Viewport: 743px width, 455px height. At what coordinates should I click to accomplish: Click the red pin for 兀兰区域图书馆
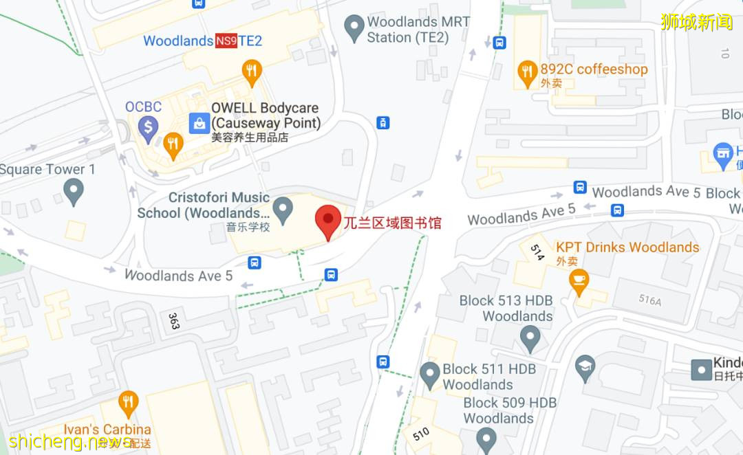click(x=328, y=221)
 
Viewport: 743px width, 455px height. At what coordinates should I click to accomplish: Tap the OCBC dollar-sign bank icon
click(x=148, y=126)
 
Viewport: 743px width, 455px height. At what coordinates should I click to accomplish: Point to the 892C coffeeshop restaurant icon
click(x=527, y=72)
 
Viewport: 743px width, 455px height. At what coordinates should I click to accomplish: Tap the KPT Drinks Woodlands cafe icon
click(x=579, y=280)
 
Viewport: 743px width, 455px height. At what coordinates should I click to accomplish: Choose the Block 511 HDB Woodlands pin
click(x=430, y=375)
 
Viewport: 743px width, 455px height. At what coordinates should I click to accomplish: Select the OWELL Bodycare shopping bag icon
click(x=199, y=124)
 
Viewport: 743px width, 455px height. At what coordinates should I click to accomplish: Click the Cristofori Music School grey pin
click(x=283, y=207)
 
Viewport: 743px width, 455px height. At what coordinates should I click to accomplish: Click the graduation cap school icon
click(x=585, y=364)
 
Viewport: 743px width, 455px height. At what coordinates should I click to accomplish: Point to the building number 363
click(x=173, y=321)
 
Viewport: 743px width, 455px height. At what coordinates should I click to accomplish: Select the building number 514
click(x=537, y=252)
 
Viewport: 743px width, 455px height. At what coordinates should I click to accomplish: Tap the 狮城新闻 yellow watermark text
click(x=696, y=21)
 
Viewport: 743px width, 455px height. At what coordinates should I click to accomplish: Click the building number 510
click(x=421, y=433)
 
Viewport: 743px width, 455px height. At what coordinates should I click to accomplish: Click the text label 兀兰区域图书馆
click(x=392, y=223)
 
